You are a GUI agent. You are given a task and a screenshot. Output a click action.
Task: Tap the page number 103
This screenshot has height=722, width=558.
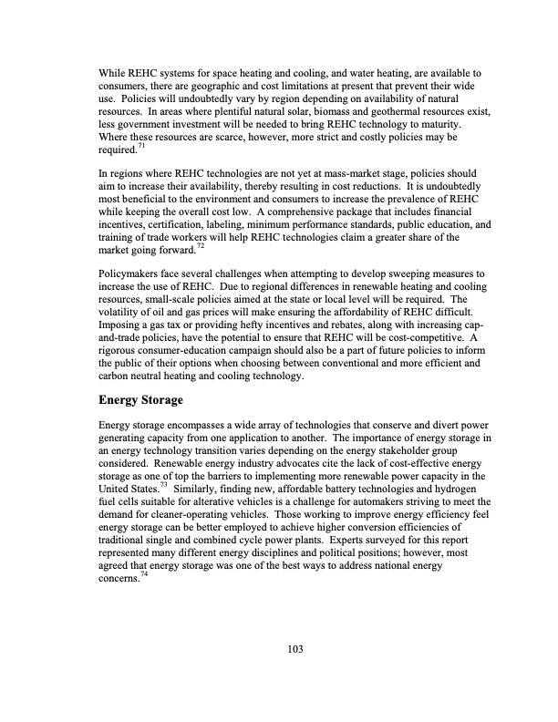[294, 649]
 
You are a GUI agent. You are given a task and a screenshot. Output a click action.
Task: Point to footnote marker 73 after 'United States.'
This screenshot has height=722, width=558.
[162, 486]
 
